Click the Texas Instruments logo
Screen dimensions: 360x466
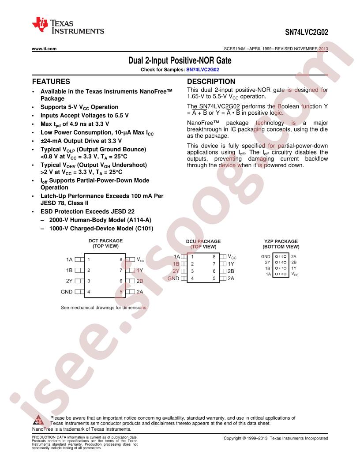click(68, 26)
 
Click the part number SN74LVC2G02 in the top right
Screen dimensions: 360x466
click(307, 32)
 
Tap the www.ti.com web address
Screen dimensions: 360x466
click(44, 49)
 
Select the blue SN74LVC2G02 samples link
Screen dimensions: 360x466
click(202, 70)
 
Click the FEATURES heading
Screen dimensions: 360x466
click(51, 82)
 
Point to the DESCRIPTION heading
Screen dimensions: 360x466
click(211, 82)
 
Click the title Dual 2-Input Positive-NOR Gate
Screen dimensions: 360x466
click(180, 60)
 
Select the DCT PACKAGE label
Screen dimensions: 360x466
click(105, 241)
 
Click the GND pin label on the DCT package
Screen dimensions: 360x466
click(67, 292)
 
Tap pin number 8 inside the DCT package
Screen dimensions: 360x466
click(121, 259)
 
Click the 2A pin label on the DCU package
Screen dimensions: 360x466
click(231, 278)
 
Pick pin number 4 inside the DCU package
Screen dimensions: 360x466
click(192, 278)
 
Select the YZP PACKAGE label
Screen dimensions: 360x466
click(281, 241)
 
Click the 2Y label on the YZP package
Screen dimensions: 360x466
click(268, 263)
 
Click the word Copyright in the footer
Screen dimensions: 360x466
click(232, 438)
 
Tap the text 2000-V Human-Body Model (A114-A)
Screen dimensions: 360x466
click(100, 220)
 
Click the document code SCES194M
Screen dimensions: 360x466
click(235, 49)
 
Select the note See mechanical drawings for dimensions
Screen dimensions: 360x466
click(104, 308)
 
